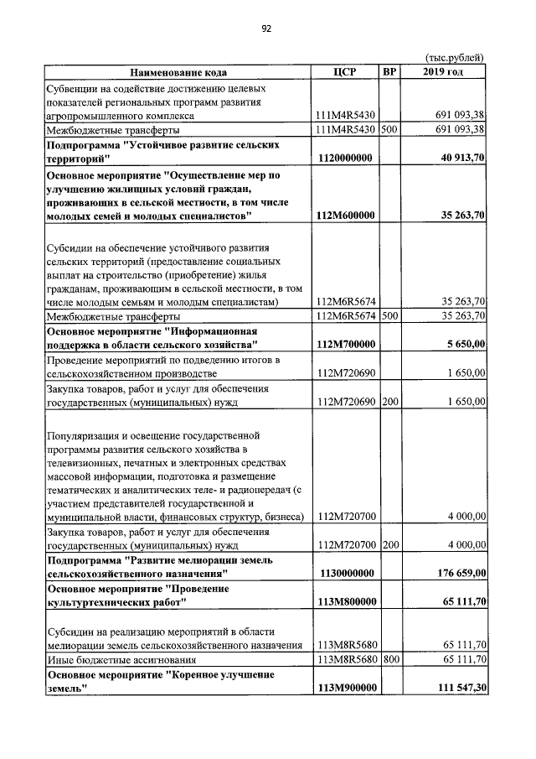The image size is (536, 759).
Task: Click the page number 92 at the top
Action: pos(266,29)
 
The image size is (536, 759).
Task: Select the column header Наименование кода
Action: pos(178,72)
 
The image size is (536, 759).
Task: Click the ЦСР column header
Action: pos(345,72)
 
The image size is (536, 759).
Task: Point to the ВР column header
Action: pos(389,72)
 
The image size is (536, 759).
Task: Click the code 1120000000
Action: pos(345,159)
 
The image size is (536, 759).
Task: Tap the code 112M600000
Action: pos(345,216)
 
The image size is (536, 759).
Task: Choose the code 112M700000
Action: pos(345,344)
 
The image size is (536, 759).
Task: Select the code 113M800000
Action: pos(345,602)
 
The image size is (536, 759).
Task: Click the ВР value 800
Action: pos(389,659)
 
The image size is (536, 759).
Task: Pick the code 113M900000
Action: pos(345,688)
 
